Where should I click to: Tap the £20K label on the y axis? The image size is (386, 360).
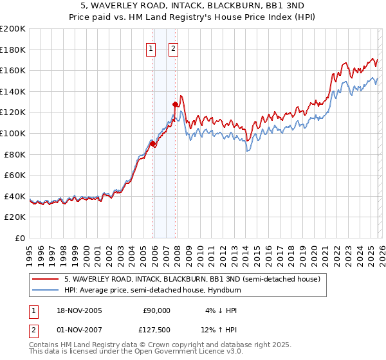pyautogui.click(x=14, y=217)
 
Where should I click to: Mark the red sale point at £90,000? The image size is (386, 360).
pyautogui.click(x=153, y=144)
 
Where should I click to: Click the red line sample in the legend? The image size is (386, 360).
pyautogui.click(x=46, y=279)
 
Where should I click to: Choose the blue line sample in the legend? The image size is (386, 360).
pyautogui.click(x=46, y=290)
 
